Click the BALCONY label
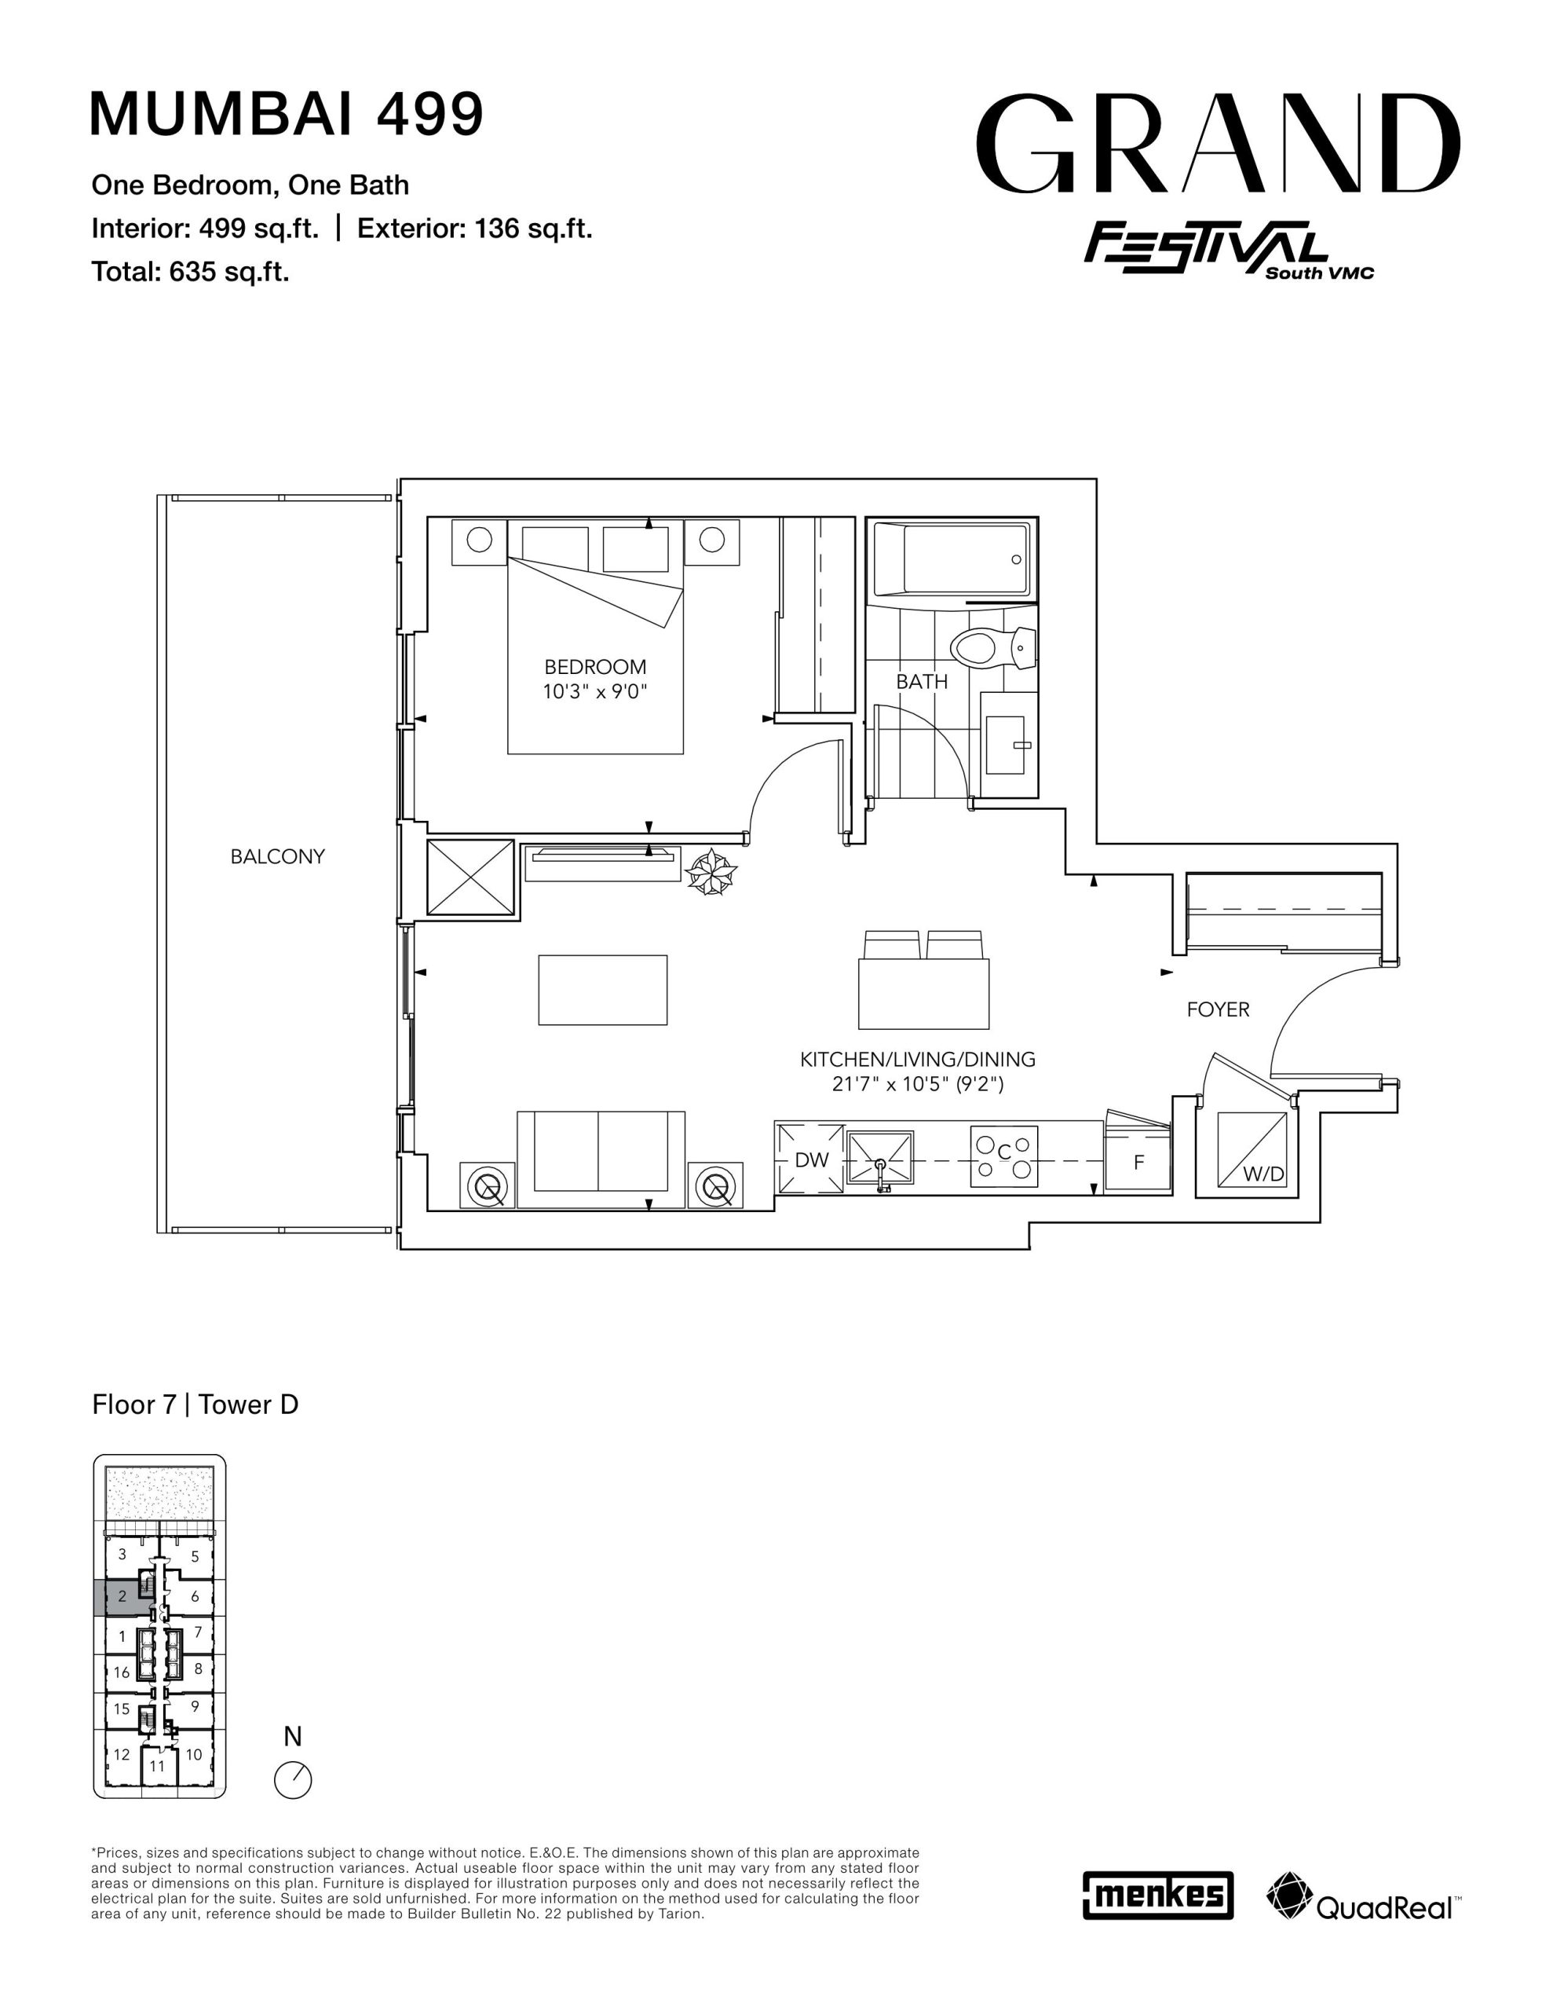[277, 856]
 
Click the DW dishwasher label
[811, 1160]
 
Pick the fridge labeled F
[1138, 1162]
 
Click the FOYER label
[1218, 1009]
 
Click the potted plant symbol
[711, 871]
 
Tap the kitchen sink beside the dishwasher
[880, 1160]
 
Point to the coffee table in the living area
[603, 990]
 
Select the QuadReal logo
[1362, 1896]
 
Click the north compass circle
[294, 1779]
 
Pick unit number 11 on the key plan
[157, 1766]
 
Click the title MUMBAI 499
[287, 114]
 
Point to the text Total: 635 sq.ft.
[191, 272]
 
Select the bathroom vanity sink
[1008, 745]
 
